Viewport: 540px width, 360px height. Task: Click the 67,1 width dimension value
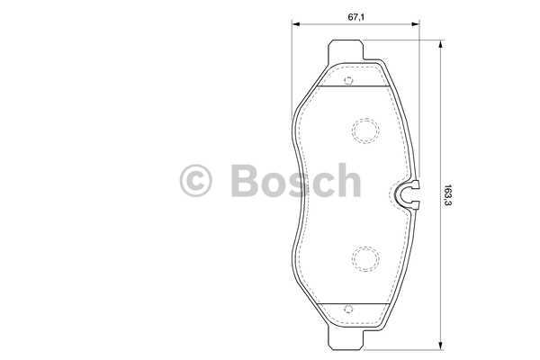coord(356,17)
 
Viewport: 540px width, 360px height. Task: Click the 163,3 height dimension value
coord(447,195)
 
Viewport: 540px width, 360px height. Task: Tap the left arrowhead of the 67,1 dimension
coord(296,24)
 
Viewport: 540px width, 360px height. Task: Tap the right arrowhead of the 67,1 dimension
coord(415,24)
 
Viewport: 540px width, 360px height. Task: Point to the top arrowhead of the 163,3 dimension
coord(440,45)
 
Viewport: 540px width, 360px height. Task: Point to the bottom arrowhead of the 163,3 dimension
coord(440,346)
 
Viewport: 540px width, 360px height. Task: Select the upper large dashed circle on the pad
coord(365,130)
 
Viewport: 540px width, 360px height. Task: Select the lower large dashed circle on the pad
coord(365,259)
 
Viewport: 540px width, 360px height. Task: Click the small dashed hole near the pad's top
coord(348,81)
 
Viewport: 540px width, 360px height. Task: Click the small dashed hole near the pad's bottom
coord(348,309)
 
